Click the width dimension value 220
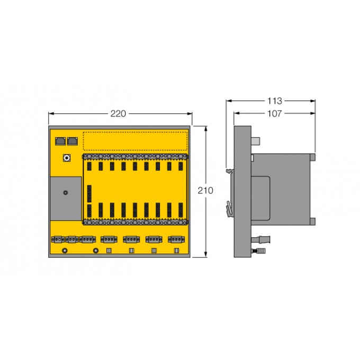click(119, 113)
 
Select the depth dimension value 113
click(275, 101)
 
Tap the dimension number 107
click(275, 113)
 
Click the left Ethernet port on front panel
click(59, 141)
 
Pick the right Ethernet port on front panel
click(72, 141)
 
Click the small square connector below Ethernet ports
click(67, 158)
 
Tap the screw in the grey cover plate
click(65, 193)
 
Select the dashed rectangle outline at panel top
click(136, 140)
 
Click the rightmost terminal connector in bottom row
click(176, 239)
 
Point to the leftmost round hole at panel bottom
click(65, 250)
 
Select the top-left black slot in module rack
click(88, 166)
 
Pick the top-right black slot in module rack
click(182, 166)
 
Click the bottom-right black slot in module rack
click(182, 210)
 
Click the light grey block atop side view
click(256, 141)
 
